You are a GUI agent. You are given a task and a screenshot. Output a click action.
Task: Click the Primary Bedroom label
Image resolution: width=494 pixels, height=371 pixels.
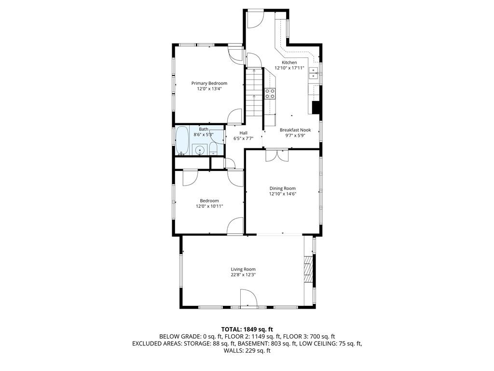pos(209,83)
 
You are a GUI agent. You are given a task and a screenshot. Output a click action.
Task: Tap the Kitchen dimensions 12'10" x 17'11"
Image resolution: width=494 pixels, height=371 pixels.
pos(289,68)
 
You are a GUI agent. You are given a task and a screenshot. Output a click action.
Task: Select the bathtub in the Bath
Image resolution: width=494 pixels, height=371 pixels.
pos(182,141)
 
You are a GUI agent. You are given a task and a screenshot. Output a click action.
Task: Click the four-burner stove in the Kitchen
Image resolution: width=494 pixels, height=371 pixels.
pos(270,93)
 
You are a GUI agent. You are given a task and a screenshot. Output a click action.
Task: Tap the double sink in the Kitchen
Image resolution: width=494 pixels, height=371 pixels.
pos(314,73)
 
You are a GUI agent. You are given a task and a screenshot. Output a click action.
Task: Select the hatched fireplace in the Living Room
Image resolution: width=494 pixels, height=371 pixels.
pos(308,269)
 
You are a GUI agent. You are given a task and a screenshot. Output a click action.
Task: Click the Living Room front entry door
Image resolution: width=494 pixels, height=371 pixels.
pos(248,298)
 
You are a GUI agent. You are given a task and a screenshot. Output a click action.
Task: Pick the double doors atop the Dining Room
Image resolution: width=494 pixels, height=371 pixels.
pos(277,155)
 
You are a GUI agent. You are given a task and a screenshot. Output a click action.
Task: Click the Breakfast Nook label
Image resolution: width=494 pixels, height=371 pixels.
pos(295,130)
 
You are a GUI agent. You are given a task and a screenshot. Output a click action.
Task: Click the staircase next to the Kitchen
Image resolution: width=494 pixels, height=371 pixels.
pos(254,92)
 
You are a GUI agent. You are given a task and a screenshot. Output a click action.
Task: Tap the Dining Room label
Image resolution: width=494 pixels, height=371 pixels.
pos(283,188)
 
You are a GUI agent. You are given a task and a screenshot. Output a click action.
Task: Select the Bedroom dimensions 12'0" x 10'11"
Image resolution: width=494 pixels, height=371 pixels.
pos(209,206)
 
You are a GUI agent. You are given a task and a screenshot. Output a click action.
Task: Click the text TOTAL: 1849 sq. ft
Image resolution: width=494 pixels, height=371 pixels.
pos(247,329)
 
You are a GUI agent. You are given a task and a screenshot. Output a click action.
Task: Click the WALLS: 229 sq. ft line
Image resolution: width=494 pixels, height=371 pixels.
pos(247,351)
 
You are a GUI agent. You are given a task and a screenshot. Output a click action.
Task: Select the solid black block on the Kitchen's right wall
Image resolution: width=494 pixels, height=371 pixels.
pos(316,108)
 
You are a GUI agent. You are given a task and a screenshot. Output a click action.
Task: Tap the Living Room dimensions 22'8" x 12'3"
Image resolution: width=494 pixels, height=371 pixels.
pos(243,275)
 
